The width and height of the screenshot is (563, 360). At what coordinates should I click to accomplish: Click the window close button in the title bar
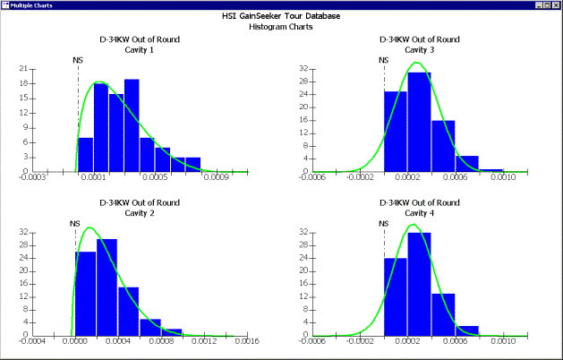point(555,5)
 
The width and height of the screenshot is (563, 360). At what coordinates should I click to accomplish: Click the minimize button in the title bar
point(535,5)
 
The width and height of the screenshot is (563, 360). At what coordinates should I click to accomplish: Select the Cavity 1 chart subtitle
point(139,49)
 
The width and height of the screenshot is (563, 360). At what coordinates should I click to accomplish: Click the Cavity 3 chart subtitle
point(420,49)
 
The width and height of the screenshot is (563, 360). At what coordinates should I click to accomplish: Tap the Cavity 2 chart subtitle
point(139,212)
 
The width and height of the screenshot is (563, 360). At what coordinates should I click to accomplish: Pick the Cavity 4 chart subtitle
point(420,212)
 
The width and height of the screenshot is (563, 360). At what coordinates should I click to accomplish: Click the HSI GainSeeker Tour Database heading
point(281,16)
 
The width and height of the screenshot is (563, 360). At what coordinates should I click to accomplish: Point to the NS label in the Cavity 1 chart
point(78,61)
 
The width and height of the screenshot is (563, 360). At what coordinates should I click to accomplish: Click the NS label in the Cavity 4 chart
point(384,223)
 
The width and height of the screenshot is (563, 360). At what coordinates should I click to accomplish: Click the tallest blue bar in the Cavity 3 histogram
point(420,121)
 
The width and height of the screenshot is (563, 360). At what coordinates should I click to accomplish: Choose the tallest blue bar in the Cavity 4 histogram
point(420,283)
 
